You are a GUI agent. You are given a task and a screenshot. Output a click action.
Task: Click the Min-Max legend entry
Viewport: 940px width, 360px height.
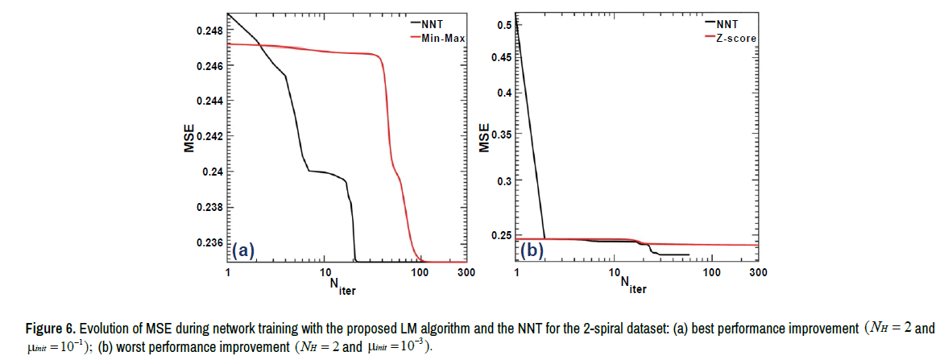[x=443, y=38]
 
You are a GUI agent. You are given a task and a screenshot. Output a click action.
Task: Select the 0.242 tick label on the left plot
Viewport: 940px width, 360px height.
[x=208, y=137]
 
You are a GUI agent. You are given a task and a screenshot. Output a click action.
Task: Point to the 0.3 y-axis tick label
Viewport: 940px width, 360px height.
[x=503, y=180]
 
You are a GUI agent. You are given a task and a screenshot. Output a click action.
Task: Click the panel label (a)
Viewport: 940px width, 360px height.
[x=242, y=251]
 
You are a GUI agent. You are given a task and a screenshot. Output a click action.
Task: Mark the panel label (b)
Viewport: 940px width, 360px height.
[x=532, y=250]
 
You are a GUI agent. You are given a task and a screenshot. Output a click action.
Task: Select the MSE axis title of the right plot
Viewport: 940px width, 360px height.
[x=484, y=137]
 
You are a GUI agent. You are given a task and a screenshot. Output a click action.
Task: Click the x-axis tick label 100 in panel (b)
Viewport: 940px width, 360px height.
[x=711, y=273]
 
